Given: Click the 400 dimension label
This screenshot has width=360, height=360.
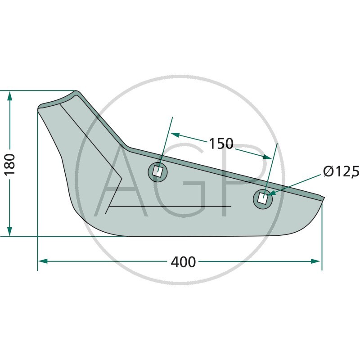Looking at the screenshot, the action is [x=183, y=262].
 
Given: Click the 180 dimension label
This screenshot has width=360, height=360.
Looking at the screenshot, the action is [x=10, y=164].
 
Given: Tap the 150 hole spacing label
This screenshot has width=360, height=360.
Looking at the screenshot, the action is [x=221, y=144].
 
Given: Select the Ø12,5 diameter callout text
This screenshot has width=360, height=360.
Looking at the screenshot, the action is [x=341, y=171].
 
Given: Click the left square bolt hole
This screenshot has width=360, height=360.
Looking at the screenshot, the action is [x=157, y=171].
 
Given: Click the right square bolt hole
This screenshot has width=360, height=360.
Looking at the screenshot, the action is [x=262, y=198].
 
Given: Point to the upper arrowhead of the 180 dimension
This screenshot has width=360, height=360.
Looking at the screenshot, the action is [x=9, y=96].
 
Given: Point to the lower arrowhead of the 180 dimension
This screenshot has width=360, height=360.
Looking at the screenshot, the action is [x=9, y=231].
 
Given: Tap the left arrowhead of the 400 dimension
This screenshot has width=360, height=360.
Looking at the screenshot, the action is [x=43, y=261].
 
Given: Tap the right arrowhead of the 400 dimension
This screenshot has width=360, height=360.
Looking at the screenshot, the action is [x=316, y=261].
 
